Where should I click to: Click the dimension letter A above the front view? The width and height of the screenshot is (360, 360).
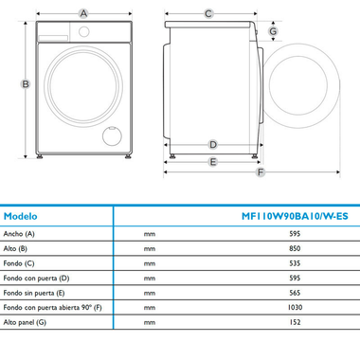pos(84,13)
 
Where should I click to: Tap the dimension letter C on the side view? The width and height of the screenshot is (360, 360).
pos(208,13)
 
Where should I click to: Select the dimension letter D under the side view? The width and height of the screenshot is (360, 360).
pos(213,145)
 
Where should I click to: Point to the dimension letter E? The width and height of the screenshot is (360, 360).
pos(213,162)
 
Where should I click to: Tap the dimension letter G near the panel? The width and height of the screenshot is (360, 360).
pos(272,31)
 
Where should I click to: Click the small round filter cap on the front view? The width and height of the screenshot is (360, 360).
pos(111,134)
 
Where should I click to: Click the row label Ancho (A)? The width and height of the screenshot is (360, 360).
pos(19,233)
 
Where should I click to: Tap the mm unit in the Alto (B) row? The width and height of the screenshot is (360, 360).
pos(150,248)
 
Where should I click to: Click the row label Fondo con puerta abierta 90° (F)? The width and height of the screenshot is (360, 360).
pos(52,308)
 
